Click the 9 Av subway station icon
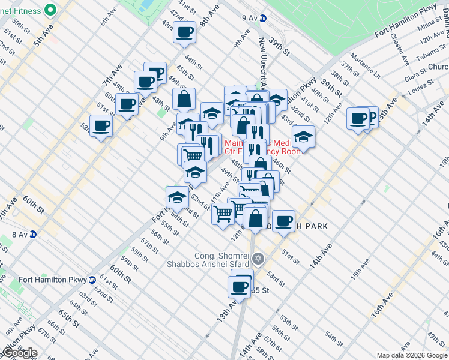265,19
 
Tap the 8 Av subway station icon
34,235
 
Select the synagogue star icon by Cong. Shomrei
259,259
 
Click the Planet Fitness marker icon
50,9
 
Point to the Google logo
19,353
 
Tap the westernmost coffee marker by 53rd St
101,125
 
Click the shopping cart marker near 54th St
223,213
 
